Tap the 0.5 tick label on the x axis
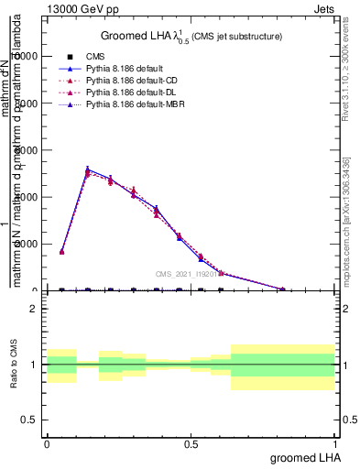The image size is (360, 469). point(191,443)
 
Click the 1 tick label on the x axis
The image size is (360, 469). point(335,443)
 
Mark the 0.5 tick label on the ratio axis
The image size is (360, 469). point(29,420)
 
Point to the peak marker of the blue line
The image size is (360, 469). point(87,169)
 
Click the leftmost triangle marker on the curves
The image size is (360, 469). point(61,251)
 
